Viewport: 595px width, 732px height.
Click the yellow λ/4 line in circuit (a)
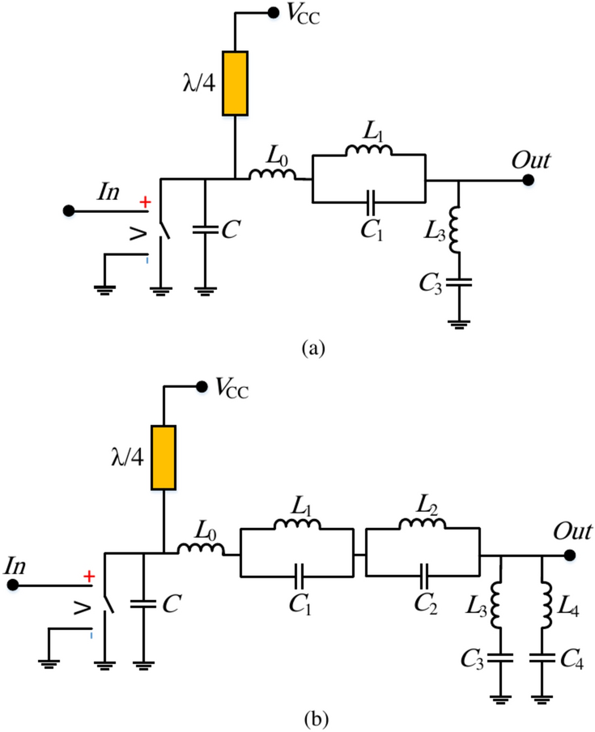(235, 83)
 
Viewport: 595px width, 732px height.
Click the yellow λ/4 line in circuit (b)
(164, 457)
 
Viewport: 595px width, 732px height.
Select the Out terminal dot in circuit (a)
(528, 181)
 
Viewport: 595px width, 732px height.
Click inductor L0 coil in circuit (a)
(272, 177)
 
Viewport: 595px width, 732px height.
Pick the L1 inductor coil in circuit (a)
(368, 151)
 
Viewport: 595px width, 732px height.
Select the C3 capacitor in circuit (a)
(458, 283)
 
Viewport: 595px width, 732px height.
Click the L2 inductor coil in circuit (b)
(423, 526)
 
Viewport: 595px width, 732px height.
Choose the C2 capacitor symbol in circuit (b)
(423, 576)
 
